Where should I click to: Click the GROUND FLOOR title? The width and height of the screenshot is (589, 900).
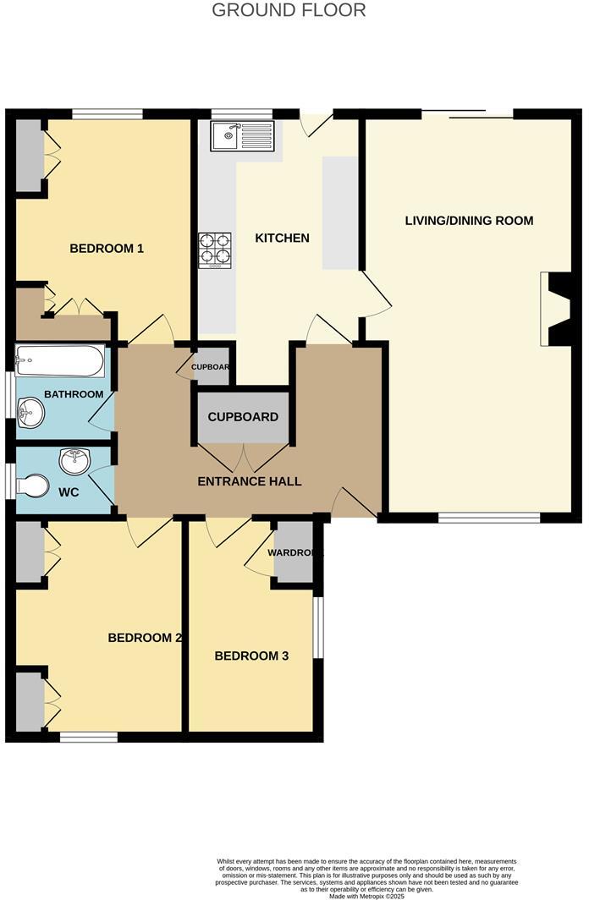point(289,11)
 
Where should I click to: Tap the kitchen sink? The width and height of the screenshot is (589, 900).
point(243,135)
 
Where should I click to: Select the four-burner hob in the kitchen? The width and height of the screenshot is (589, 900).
point(215,250)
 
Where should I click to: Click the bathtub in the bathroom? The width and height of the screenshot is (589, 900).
point(60,362)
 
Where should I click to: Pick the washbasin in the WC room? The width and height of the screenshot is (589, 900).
point(74,461)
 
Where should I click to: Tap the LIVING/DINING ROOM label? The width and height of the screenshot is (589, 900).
point(469,221)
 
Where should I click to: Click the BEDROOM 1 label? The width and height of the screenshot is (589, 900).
point(107,249)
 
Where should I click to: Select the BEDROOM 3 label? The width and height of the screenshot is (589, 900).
point(251,656)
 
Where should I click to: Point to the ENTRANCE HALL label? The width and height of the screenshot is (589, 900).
point(249,481)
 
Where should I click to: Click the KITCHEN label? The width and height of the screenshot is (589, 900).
point(282,239)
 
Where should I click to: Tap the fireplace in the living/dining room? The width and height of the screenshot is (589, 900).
point(555,309)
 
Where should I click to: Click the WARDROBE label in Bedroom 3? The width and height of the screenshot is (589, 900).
point(294,553)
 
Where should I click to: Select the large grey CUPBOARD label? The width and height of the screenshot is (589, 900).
point(243,418)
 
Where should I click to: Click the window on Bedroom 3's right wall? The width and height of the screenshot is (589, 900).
point(318,628)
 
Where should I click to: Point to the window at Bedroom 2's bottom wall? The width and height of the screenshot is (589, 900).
point(89,738)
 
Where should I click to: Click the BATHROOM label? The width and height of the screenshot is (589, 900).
point(74,394)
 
